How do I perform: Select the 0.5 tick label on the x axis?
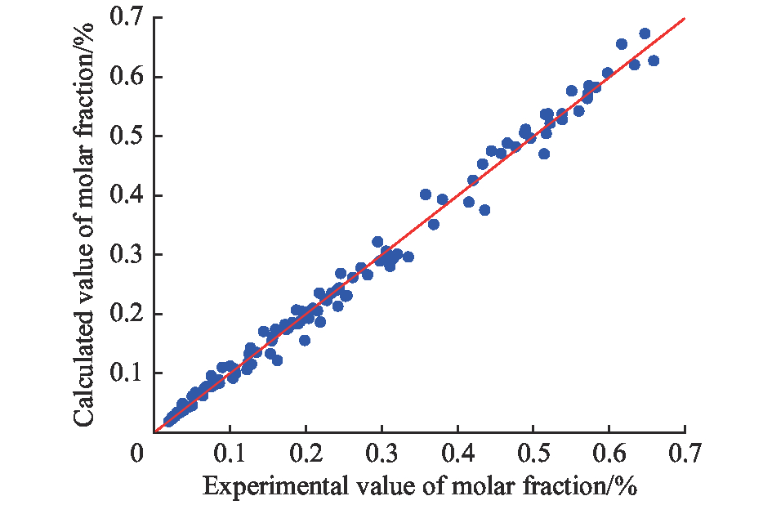[x=533, y=453]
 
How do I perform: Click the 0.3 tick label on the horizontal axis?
[x=381, y=453]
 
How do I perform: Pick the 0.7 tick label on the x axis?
[x=685, y=453]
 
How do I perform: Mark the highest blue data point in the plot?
[x=645, y=34]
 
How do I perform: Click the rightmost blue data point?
[x=654, y=60]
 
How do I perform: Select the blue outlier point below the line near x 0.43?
[x=484, y=210]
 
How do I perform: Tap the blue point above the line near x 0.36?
[x=426, y=194]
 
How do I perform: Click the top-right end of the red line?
[x=684, y=18]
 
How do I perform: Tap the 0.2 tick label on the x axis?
[x=305, y=453]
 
